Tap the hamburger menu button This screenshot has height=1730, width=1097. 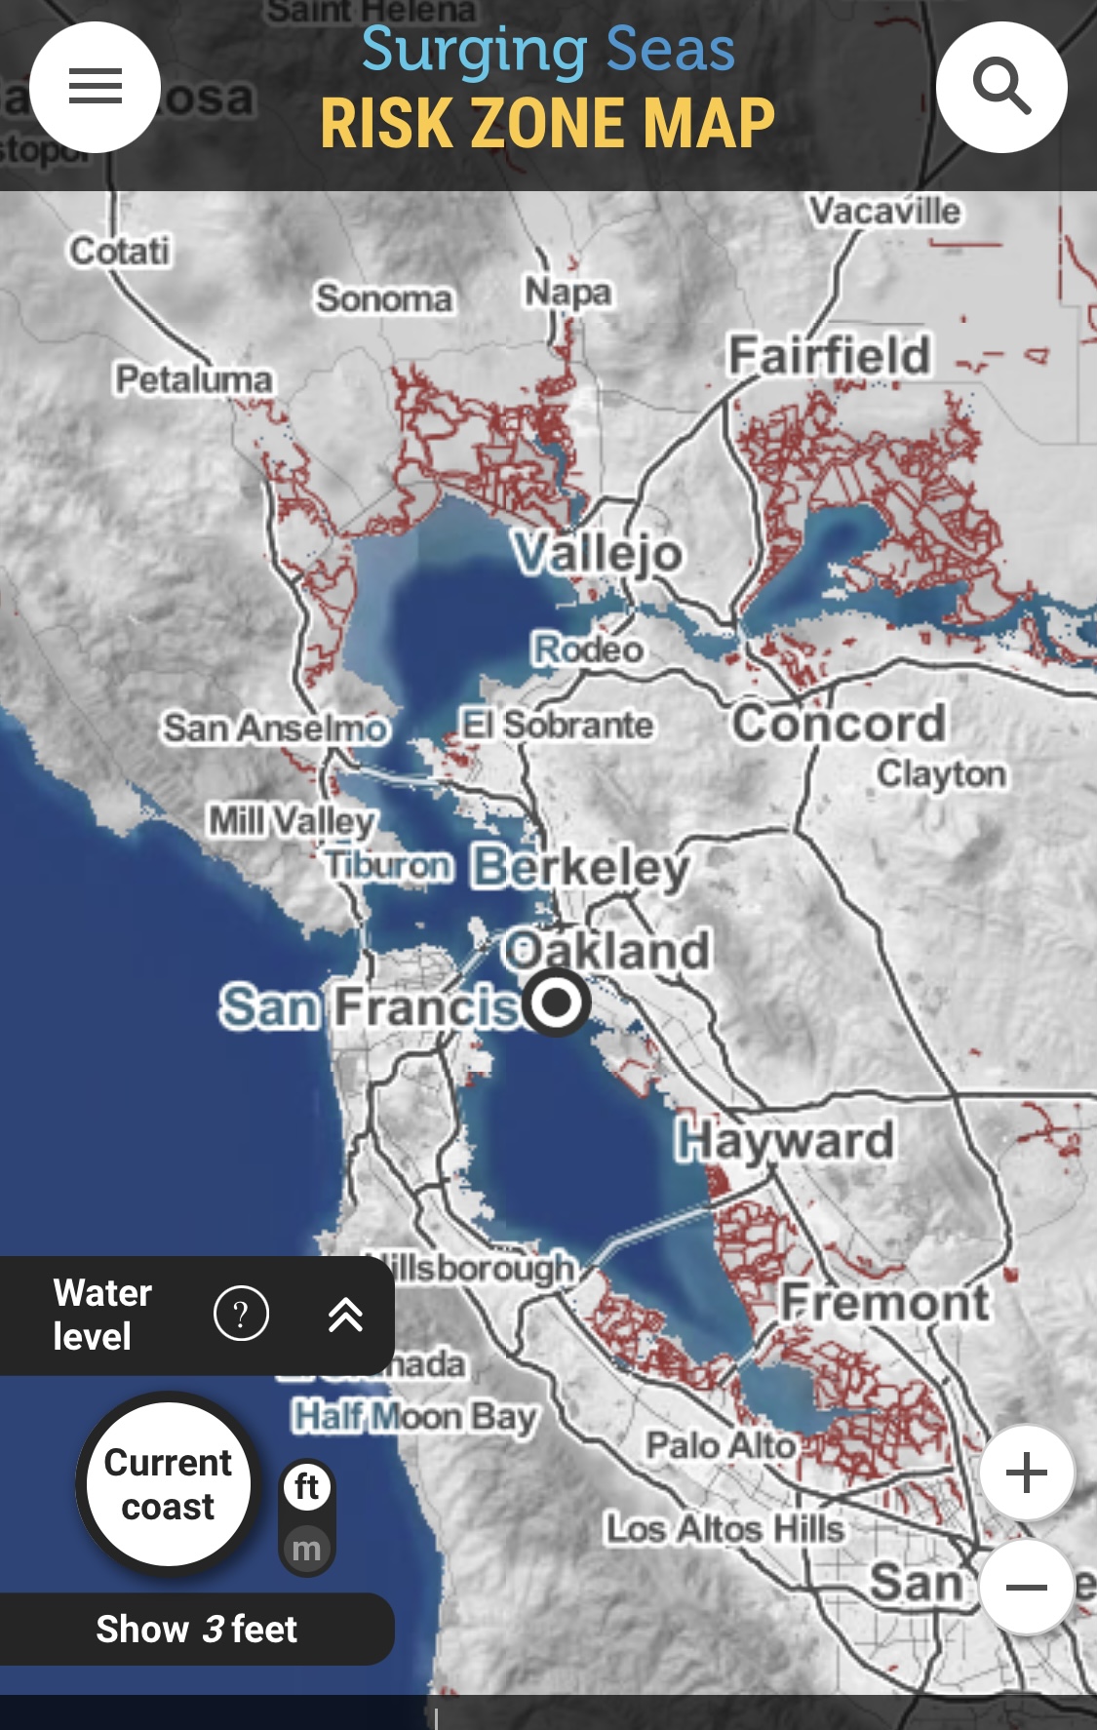pyautogui.click(x=95, y=87)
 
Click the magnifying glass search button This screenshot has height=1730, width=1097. pyautogui.click(x=1001, y=87)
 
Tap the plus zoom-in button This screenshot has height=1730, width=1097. pyautogui.click(x=1026, y=1473)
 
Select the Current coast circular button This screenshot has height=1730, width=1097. pyautogui.click(x=168, y=1483)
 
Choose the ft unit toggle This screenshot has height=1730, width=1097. pyautogui.click(x=307, y=1487)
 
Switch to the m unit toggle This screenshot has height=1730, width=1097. pyautogui.click(x=306, y=1548)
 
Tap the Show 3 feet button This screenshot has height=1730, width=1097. pyautogui.click(x=196, y=1629)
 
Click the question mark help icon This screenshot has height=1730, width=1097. pyautogui.click(x=241, y=1314)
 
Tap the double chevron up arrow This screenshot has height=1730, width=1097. pyautogui.click(x=345, y=1315)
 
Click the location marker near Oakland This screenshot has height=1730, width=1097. pyautogui.click(x=556, y=1002)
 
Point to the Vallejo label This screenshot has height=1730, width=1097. pyautogui.click(x=598, y=553)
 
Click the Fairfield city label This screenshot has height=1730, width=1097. pyautogui.click(x=829, y=355)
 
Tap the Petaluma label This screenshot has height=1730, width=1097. pyautogui.click(x=193, y=378)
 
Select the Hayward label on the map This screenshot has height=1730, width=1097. pyautogui.click(x=784, y=1140)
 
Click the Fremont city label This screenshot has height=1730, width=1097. pyautogui.click(x=884, y=1302)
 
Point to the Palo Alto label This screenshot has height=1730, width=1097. pyautogui.click(x=721, y=1444)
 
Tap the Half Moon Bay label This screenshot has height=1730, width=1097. pyautogui.click(x=414, y=1415)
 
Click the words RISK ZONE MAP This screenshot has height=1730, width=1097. pyautogui.click(x=547, y=123)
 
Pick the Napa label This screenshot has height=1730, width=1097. pyautogui.click(x=568, y=291)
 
